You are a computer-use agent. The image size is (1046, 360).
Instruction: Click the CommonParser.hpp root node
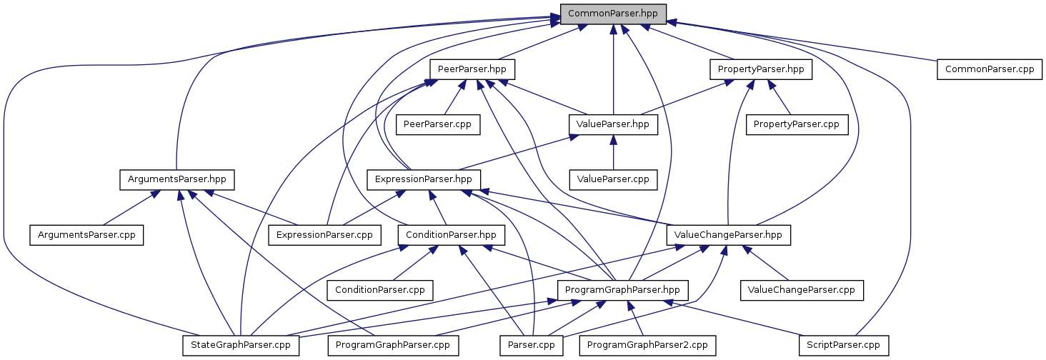613,14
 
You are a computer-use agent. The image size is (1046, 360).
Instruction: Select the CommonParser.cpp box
990,69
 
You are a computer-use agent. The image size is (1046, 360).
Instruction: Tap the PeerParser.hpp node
472,69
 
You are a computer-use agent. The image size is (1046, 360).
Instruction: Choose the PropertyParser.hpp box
761,69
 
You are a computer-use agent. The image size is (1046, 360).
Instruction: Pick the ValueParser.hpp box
612,124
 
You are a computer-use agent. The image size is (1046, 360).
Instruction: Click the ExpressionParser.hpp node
423,179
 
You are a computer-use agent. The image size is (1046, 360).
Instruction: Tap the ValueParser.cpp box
612,179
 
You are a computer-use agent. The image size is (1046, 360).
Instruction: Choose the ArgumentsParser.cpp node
86,234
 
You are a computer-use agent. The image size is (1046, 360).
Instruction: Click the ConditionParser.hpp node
451,234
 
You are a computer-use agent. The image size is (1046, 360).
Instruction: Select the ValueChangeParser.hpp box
729,234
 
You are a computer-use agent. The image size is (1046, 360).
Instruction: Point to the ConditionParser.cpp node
380,290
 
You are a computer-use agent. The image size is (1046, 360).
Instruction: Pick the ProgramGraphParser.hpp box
623,290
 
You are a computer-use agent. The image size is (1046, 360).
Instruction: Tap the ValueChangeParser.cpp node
802,290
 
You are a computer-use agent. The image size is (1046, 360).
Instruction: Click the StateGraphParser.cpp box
240,345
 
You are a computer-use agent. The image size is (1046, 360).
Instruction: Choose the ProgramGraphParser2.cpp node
647,345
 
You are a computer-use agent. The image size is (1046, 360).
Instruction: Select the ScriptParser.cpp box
844,345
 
